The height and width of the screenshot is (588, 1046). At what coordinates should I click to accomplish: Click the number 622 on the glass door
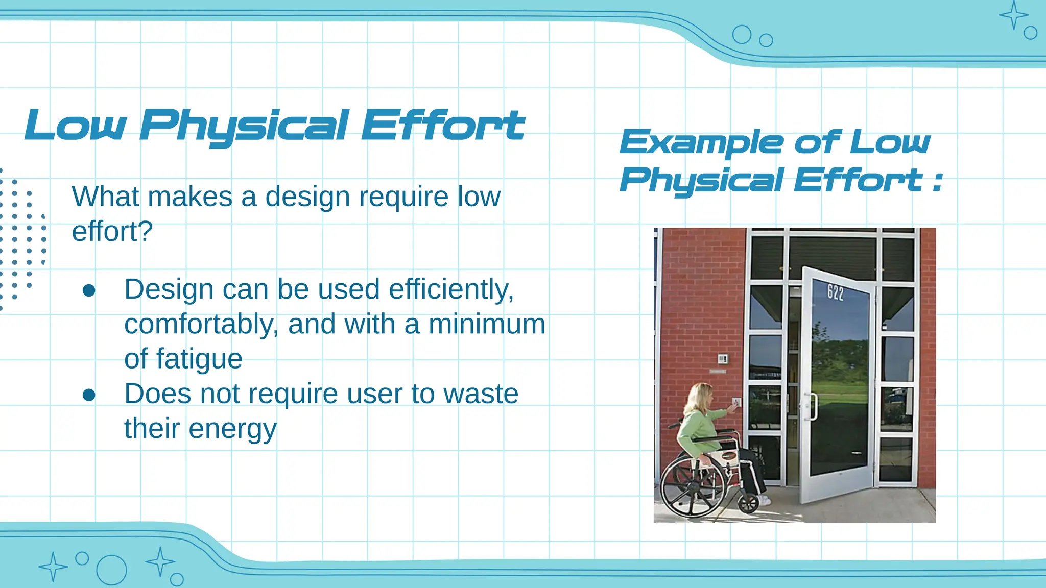pos(836,292)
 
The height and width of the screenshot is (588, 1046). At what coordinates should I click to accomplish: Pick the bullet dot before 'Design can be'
pos(89,290)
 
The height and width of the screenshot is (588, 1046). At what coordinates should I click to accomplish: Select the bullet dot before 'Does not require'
pos(89,395)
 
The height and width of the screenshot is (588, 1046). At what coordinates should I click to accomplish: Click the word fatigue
pos(199,359)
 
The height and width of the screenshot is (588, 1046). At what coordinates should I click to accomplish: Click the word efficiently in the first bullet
pos(451,289)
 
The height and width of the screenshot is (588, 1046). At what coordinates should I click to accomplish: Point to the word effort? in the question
pos(112,232)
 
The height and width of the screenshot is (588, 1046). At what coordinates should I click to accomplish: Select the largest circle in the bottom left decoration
pos(111,570)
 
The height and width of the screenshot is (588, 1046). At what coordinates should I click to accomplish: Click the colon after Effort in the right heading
pos(937,181)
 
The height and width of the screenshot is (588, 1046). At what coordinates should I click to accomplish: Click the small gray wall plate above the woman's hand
pos(722,359)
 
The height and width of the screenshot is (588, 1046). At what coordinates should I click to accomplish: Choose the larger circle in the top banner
pos(742,35)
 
